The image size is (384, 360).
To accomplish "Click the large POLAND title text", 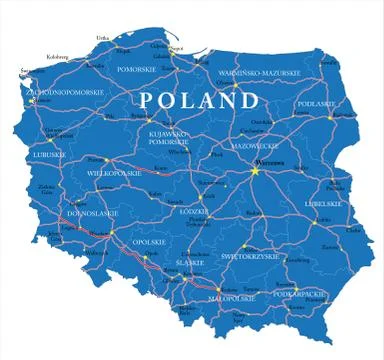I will point(197,101).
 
